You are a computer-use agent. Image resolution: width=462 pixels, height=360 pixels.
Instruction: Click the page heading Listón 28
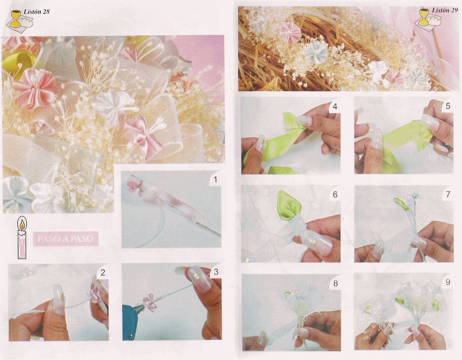tap(37, 12)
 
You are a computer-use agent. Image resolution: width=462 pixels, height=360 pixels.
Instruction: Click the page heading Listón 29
tap(445, 10)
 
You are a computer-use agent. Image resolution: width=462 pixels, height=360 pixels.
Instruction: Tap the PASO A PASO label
tap(66, 239)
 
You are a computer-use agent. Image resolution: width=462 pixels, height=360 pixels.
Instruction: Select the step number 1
tap(215, 180)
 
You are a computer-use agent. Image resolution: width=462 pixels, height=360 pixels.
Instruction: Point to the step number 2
tap(102, 272)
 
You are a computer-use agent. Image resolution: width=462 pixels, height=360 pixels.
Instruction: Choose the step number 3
tap(216, 272)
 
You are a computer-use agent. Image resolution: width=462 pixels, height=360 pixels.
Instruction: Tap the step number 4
tap(335, 106)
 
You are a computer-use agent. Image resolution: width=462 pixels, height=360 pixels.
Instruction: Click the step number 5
tap(448, 106)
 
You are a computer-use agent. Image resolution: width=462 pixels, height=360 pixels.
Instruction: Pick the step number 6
tap(335, 194)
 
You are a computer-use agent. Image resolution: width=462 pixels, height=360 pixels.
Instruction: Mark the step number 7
tap(448, 194)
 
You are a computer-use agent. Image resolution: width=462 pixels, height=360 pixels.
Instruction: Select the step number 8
tap(335, 283)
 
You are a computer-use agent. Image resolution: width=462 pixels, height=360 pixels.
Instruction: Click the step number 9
tap(448, 282)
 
